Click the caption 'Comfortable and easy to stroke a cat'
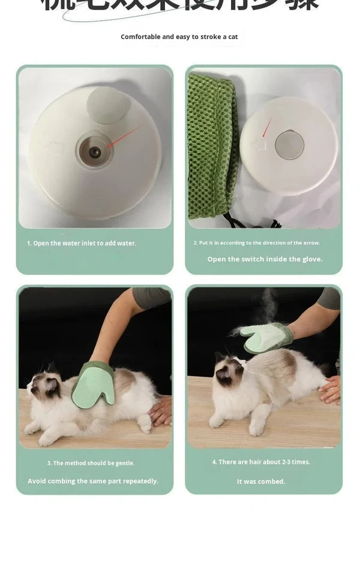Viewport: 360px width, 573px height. pos(179,37)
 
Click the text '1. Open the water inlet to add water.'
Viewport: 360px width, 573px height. pos(82,243)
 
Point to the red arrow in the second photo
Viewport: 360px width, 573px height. pos(266,127)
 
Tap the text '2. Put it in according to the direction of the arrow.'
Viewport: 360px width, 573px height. pos(256,243)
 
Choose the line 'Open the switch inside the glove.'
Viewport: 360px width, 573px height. pos(265,259)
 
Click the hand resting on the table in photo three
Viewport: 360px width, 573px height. pos(160,411)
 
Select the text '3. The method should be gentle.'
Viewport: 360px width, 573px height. pos(91,463)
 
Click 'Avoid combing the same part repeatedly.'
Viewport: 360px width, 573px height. pos(93,481)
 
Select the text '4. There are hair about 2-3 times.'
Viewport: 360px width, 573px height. pos(261,462)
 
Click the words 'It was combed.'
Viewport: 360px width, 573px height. pos(261,481)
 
